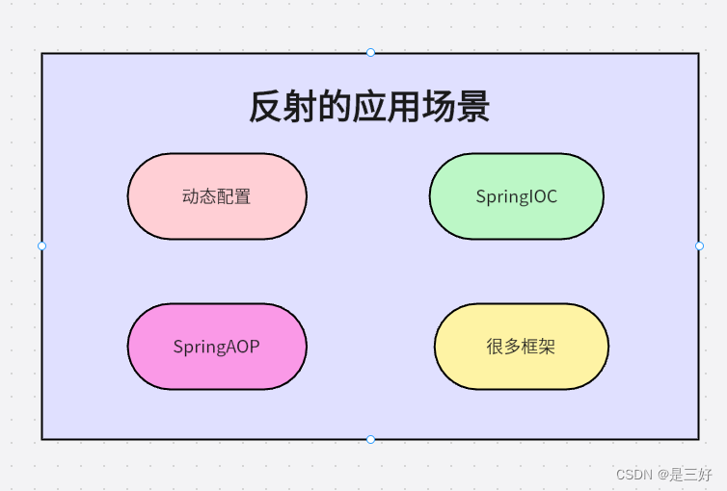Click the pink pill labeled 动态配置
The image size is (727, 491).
(217, 196)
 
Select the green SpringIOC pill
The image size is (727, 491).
(516, 196)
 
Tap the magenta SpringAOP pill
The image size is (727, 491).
(217, 347)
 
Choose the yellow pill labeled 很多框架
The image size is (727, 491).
(521, 347)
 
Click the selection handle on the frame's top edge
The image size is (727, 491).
(370, 52)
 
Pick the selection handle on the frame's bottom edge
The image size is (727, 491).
(370, 440)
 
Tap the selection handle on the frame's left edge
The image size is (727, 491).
(41, 245)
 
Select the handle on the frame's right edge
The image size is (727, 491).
(699, 245)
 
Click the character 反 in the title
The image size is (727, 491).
(265, 107)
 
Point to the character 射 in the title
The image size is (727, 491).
(300, 107)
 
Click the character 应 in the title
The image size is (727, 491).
(369, 107)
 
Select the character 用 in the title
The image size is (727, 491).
(404, 107)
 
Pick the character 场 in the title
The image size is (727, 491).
(439, 107)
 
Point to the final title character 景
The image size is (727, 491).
(473, 107)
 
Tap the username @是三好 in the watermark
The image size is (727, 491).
(686, 475)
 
